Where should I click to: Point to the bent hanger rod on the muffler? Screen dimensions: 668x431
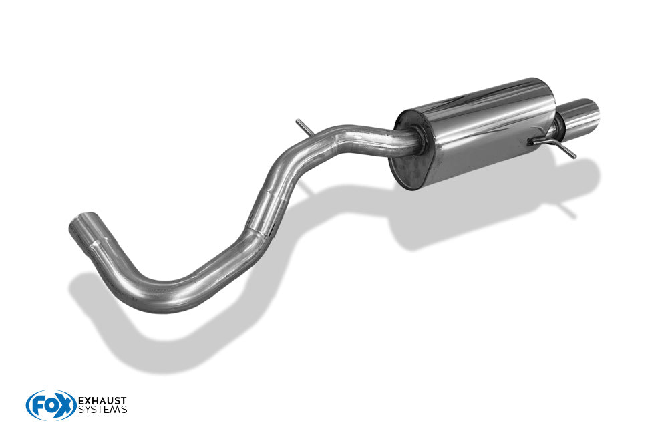553,145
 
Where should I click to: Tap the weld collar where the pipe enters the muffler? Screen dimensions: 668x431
418,140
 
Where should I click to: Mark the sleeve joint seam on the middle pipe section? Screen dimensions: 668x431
259,231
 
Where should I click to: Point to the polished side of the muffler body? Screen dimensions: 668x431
482,128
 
